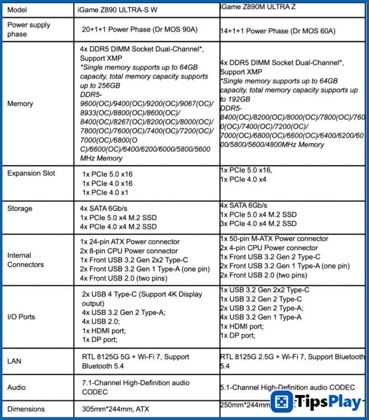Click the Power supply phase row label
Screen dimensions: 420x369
[28, 29]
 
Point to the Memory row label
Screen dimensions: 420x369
[20, 104]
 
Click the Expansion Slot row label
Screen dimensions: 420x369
[31, 174]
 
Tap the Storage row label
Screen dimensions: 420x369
[21, 209]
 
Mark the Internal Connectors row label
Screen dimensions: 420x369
[26, 260]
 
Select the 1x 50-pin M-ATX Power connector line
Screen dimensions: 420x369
[274, 238]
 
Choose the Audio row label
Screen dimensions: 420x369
[18, 387]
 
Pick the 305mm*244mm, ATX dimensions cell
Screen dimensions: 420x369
[115, 408]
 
